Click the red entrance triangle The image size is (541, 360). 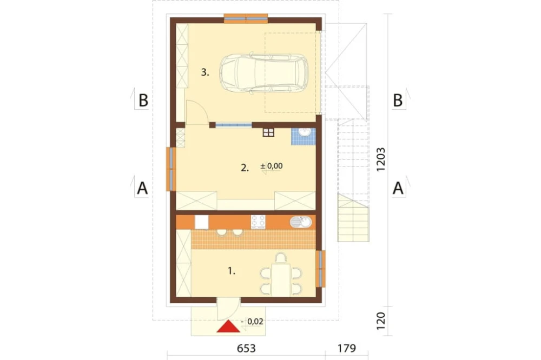pyautogui.click(x=228, y=327)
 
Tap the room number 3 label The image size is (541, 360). pyautogui.click(x=205, y=72)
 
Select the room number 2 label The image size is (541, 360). pyautogui.click(x=245, y=168)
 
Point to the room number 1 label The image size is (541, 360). pyautogui.click(x=232, y=271)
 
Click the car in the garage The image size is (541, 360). pyautogui.click(x=263, y=73)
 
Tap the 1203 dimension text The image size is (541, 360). pyautogui.click(x=380, y=159)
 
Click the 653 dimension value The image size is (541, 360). pyautogui.click(x=246, y=348)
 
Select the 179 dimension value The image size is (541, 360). pyautogui.click(x=346, y=348)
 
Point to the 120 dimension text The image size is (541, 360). pyautogui.click(x=380, y=321)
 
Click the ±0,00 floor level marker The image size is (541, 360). pyautogui.click(x=272, y=166)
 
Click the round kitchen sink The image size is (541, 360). pyautogui.click(x=301, y=222)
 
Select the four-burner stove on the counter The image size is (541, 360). pyautogui.click(x=258, y=222)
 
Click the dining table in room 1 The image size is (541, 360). pyautogui.click(x=281, y=280)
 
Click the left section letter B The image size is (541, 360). pyautogui.click(x=143, y=101)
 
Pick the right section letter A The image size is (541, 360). pyautogui.click(x=398, y=189)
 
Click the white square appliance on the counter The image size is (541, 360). pyautogui.click(x=201, y=222)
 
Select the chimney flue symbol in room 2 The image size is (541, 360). pyautogui.click(x=268, y=132)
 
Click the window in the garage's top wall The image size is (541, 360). pyautogui.click(x=246, y=18)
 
